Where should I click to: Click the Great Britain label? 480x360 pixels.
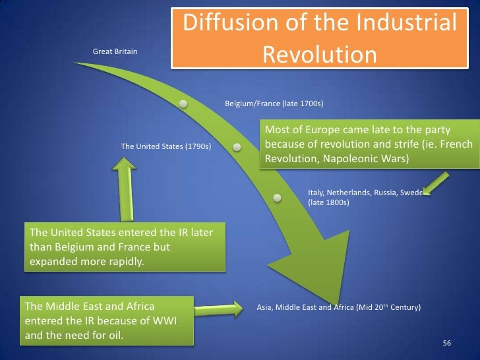tap(115, 51)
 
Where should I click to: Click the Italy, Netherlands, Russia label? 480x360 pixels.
tap(363, 193)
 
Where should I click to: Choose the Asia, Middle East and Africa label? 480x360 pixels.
tap(338, 307)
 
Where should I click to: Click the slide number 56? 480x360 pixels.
tap(446, 344)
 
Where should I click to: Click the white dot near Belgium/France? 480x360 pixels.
tap(183, 104)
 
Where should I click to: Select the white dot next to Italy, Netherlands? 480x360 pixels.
tap(278, 197)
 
